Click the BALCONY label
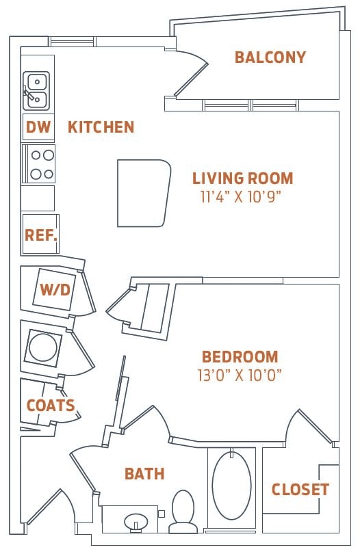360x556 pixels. click(x=270, y=57)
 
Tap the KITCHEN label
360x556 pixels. click(x=101, y=127)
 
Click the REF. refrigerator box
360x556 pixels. click(x=40, y=235)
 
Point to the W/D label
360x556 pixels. click(x=55, y=289)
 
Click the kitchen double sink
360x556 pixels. click(x=36, y=91)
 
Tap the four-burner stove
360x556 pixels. click(x=38, y=164)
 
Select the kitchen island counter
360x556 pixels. click(x=142, y=193)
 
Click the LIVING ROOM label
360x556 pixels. click(x=242, y=179)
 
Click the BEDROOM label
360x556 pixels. click(x=240, y=356)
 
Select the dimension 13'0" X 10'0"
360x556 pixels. click(x=241, y=375)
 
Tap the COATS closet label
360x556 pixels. click(x=51, y=406)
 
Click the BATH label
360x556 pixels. click(x=144, y=473)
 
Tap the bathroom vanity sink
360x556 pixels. click(x=136, y=521)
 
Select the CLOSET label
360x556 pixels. click(x=300, y=490)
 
